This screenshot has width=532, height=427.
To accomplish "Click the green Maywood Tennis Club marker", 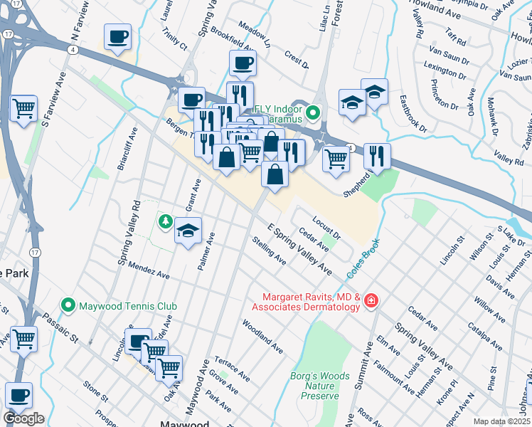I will click(68, 305).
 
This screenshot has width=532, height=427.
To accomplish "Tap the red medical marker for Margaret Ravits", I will click(370, 302).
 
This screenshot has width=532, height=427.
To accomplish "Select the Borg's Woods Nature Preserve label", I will click(320, 385).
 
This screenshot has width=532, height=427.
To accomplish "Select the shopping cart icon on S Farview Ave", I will click(24, 109).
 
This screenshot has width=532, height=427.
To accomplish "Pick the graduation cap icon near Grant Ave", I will click(188, 231).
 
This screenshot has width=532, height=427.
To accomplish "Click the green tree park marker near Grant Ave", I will click(165, 221).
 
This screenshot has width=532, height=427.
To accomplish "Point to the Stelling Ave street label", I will click(270, 252).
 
